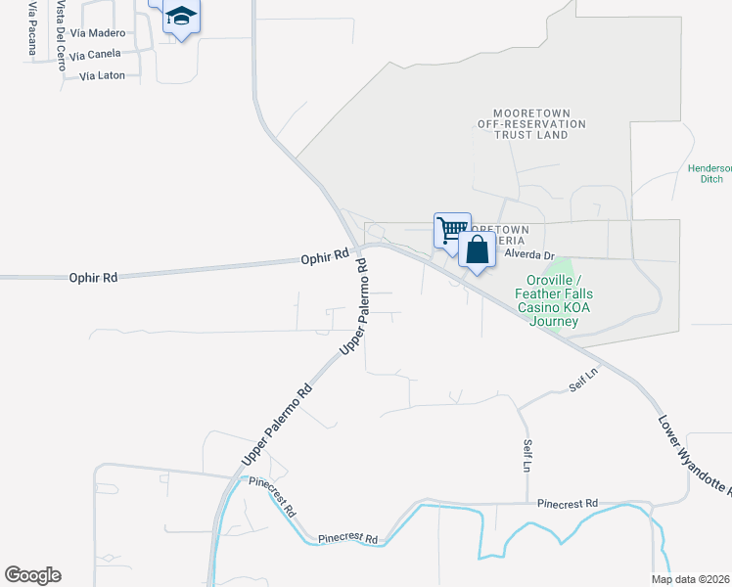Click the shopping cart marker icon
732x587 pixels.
[x=452, y=231]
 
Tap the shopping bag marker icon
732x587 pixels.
[x=477, y=250]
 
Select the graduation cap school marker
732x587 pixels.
[x=181, y=17]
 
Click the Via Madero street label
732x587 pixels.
[x=99, y=33]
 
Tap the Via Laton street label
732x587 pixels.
[x=103, y=75]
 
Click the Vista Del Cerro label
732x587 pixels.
[x=61, y=35]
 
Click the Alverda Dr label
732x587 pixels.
[x=529, y=254]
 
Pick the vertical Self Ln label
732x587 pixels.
[x=526, y=456]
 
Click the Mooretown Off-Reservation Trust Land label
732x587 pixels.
[x=531, y=124]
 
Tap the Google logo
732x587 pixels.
[x=33, y=575]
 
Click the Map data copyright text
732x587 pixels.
[x=691, y=579]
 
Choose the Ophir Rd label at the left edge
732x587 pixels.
[x=93, y=278]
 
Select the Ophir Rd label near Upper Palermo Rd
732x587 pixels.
[x=325, y=256]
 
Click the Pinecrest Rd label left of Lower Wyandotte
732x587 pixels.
[x=568, y=503]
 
